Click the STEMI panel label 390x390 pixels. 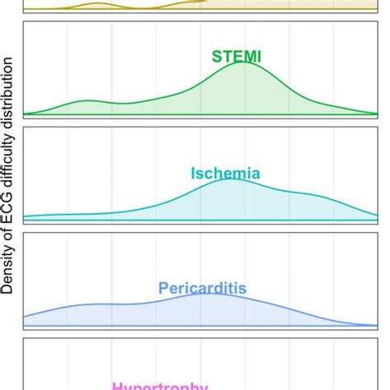[237, 57]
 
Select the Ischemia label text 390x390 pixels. [225, 174]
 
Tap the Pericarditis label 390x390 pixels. [202, 288]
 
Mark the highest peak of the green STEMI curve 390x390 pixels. [244, 63]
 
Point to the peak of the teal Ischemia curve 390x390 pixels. [234, 179]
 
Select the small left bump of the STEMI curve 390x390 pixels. [86, 100]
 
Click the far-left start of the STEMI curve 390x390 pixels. [25, 112]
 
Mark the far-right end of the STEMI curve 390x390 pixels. [378, 112]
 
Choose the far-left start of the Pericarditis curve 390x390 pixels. [25, 316]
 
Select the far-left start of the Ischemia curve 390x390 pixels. [25, 217]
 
